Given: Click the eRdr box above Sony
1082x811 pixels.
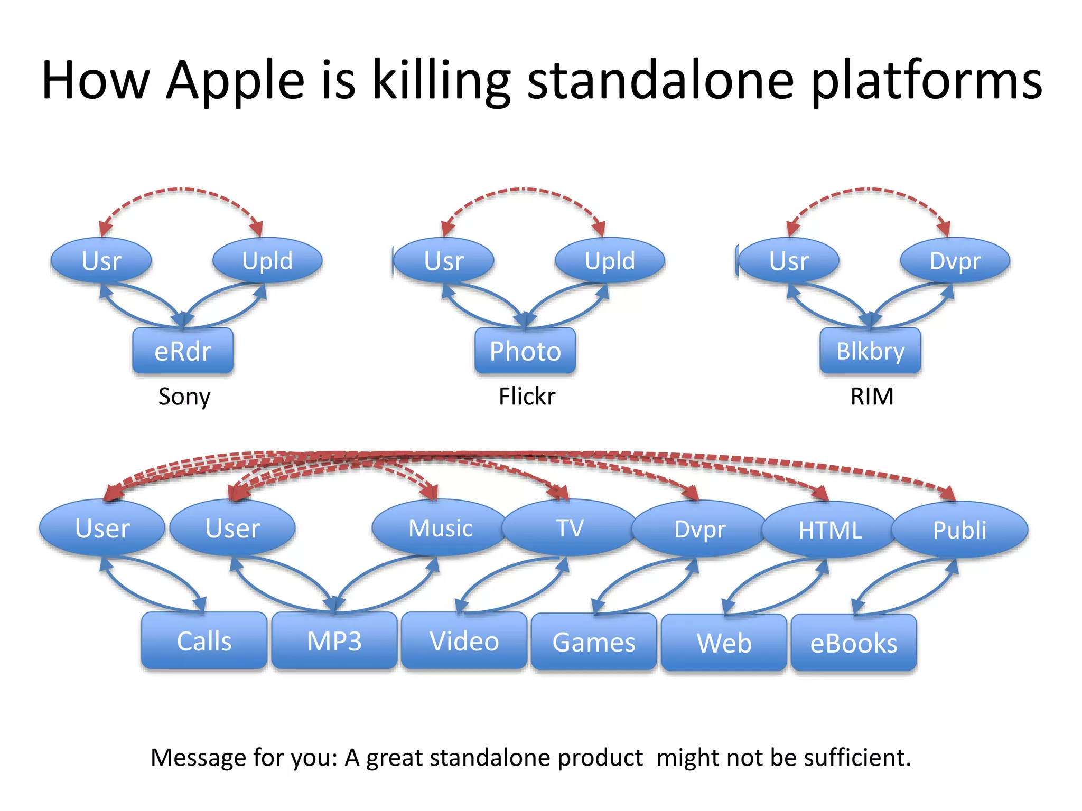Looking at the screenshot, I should [x=183, y=351].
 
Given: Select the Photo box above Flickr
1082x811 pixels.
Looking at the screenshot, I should [x=525, y=351].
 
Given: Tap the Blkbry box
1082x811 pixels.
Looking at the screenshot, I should [x=870, y=351].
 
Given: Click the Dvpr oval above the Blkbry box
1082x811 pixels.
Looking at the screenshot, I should [x=955, y=261].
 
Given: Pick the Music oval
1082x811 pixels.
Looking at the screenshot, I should [x=440, y=528].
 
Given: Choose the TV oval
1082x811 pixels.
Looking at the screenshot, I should [x=570, y=528].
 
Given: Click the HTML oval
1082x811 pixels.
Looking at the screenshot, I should [x=829, y=530].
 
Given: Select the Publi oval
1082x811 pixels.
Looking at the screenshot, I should [x=959, y=530].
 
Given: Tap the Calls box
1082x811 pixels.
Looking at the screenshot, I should [x=204, y=641].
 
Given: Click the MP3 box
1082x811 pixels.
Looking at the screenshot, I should [x=334, y=641].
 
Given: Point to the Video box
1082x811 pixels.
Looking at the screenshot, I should [x=464, y=641].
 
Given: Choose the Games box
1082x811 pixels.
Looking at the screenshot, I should [x=594, y=642].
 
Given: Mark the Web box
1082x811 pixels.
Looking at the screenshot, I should [x=724, y=643].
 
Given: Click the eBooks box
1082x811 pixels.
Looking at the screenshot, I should [x=854, y=643].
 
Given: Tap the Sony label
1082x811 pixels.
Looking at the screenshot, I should [x=184, y=397].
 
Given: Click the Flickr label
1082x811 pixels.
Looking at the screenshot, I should [x=527, y=397].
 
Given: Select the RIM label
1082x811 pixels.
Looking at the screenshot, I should [x=872, y=397].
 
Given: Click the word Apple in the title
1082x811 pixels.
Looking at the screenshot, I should [x=235, y=81].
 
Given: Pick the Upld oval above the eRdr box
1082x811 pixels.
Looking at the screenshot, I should [x=267, y=261].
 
